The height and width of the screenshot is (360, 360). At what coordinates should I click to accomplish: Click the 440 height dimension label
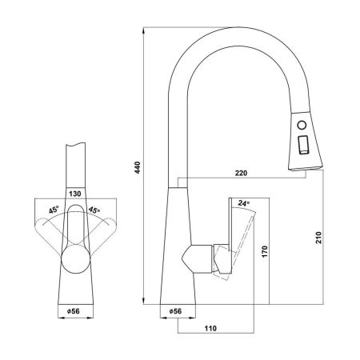click(138, 167)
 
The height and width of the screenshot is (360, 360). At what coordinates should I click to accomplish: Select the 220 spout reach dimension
click(241, 173)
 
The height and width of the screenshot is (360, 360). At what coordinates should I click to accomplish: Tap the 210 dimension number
click(318, 238)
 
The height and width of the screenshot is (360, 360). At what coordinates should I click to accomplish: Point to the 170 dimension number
click(265, 252)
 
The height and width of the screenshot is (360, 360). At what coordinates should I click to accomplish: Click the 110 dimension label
click(210, 328)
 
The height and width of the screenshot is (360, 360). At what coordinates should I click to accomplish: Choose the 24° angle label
click(243, 203)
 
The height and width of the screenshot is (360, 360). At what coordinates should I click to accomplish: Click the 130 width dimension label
click(75, 194)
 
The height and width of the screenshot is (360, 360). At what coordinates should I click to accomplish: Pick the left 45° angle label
click(54, 210)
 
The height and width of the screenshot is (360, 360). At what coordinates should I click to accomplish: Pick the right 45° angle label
click(94, 210)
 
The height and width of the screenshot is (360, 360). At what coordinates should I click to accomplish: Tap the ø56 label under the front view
click(74, 311)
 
